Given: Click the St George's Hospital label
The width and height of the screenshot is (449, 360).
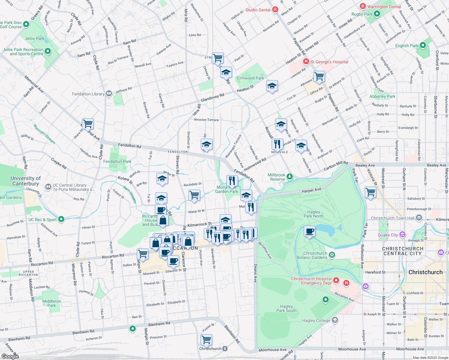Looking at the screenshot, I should (x=329, y=62).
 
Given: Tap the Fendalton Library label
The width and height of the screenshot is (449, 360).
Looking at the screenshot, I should (x=88, y=94).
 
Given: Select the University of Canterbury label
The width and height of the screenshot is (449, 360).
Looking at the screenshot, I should (x=26, y=181).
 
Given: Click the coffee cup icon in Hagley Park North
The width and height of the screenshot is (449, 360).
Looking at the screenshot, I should (x=309, y=232).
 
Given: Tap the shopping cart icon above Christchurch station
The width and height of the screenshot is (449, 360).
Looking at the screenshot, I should (x=206, y=340).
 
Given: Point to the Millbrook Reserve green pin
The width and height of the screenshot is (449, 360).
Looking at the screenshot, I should (x=289, y=176).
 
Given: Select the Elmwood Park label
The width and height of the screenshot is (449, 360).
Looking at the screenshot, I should (x=250, y=78).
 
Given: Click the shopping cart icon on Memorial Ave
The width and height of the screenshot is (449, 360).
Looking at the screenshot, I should (x=88, y=124).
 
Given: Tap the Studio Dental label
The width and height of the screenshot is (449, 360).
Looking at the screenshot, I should (x=258, y=10).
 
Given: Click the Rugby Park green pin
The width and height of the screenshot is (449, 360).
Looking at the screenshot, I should (x=377, y=14).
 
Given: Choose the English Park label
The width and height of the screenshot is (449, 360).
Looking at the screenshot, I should (x=406, y=46).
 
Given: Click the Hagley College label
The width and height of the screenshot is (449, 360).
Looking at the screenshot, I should (x=316, y=320).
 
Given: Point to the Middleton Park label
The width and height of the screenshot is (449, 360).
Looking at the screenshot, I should (x=52, y=303).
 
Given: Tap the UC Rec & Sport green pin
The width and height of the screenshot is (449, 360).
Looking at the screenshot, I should (x=61, y=219).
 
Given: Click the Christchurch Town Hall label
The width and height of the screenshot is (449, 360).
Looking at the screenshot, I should (x=393, y=218).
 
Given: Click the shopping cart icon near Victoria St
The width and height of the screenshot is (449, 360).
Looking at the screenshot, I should (x=371, y=192).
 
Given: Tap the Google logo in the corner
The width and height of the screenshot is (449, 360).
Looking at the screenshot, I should (x=10, y=356).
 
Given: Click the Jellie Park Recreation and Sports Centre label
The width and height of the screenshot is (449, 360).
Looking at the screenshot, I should (x=23, y=52).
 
